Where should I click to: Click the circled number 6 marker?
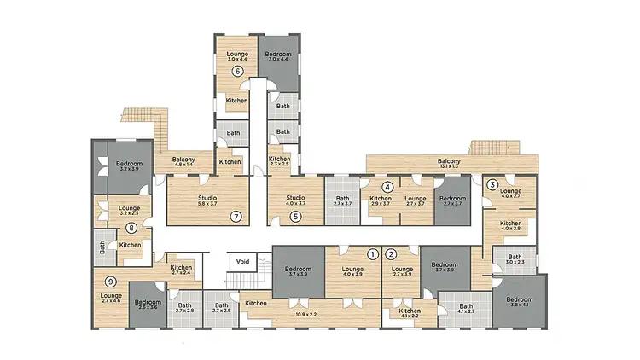pos(239,72)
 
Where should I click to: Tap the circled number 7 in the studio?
pos(236,217)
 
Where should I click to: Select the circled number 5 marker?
pos(295,217)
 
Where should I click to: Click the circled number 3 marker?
pos(492,184)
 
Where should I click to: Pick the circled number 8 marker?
pos(131,228)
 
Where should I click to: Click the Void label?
pos(242,262)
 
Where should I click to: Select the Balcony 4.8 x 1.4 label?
pos(185,161)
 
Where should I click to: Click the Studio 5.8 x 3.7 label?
pos(207,200)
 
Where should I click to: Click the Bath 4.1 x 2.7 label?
pos(466,310)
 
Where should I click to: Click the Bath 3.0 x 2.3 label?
pos(515,260)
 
